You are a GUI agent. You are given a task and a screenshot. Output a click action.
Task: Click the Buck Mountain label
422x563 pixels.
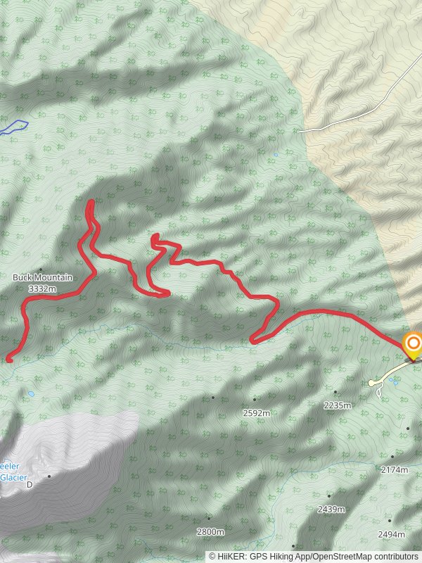(42, 277)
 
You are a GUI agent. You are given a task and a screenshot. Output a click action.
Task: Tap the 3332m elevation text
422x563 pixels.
(42, 289)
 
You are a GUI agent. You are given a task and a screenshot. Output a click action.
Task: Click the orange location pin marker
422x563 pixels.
(412, 345)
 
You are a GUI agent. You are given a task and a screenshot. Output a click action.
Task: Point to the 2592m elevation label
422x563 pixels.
(256, 413)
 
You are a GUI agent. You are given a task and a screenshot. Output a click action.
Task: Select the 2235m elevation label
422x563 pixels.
(336, 405)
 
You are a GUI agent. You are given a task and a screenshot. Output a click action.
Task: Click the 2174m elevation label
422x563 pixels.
(394, 469)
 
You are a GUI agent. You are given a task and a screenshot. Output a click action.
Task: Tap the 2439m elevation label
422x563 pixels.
(331, 509)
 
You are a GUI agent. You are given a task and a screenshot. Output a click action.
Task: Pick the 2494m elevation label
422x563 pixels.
(391, 535)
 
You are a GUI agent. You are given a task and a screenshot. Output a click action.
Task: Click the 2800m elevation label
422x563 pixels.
(210, 531)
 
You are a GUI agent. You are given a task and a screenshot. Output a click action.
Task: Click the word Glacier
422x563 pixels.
(13, 476)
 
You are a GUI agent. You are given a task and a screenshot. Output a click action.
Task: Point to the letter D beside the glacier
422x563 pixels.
(30, 485)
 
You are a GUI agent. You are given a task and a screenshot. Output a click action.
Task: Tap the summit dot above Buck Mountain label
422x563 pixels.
(41, 270)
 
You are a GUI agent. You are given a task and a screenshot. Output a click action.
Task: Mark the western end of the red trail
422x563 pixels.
(9, 360)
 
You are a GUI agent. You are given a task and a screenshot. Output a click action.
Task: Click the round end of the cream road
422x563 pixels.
(371, 383)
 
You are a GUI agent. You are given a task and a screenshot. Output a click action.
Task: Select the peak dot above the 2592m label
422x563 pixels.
(213, 397)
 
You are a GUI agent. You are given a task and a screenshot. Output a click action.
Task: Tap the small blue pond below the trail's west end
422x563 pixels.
(31, 394)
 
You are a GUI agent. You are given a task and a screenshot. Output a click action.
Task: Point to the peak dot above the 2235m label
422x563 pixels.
(335, 392)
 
